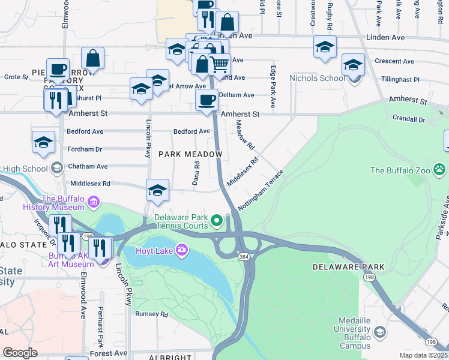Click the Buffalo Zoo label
pyautogui.click(x=400, y=170)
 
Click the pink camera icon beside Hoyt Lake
pyautogui.click(x=181, y=250)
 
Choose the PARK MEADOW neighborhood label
pyautogui.click(x=190, y=154)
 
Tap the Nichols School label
pyautogui.click(x=317, y=78)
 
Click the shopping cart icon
pyautogui.click(x=220, y=63)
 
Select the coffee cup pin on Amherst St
pyautogui.click(x=206, y=100)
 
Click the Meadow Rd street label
pyautogui.click(x=246, y=135)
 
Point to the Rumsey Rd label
pyautogui.click(x=151, y=314)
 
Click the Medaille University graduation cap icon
pyautogui.click(x=379, y=332)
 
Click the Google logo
pyautogui.click(x=20, y=353)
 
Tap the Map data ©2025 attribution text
pyautogui.click(x=423, y=355)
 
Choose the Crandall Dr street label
pyautogui.click(x=408, y=119)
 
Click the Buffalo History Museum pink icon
pyautogui.click(x=94, y=203)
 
